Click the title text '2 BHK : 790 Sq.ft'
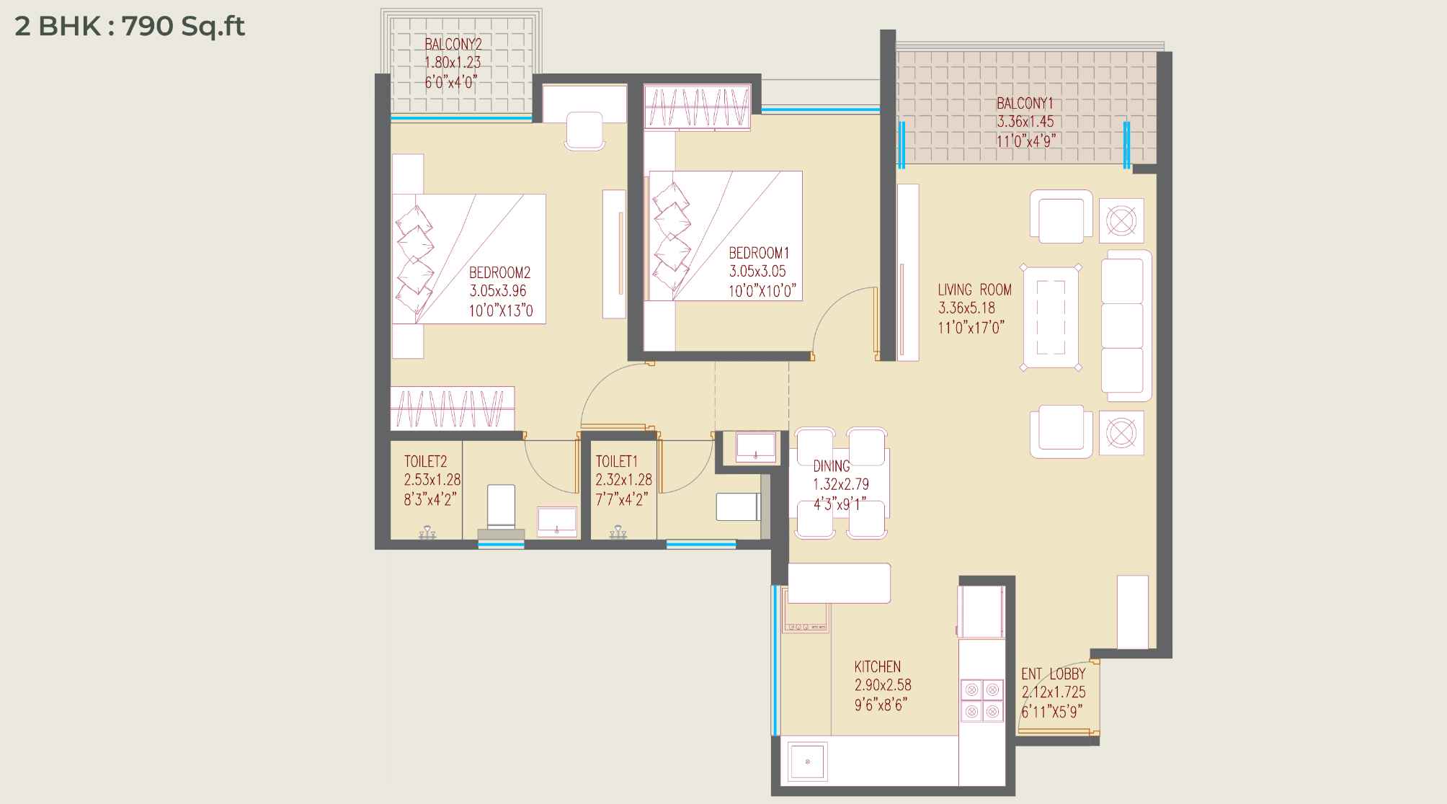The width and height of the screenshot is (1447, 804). coord(130,27)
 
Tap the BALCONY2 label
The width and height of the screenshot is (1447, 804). coord(453,45)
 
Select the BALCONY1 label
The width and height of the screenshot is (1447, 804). coord(1025,104)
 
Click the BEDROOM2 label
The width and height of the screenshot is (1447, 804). coord(499,273)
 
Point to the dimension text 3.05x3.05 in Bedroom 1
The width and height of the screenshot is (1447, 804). coord(757,272)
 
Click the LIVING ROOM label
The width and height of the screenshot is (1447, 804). coord(974,290)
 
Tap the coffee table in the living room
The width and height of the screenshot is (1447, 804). coord(1051,317)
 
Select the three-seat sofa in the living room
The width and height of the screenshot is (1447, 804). coord(1126,326)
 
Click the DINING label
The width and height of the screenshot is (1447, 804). coord(832,466)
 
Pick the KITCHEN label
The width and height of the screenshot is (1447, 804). coord(878,667)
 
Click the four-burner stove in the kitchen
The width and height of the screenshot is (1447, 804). coord(981,700)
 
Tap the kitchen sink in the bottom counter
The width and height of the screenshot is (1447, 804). coord(808,762)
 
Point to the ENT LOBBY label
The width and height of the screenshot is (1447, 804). coord(1053,674)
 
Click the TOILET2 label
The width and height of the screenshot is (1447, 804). coord(426,462)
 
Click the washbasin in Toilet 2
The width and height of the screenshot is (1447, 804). coord(557,522)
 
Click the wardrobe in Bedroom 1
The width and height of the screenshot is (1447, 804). coord(698,107)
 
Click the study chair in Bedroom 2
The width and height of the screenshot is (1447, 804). coord(584,131)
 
